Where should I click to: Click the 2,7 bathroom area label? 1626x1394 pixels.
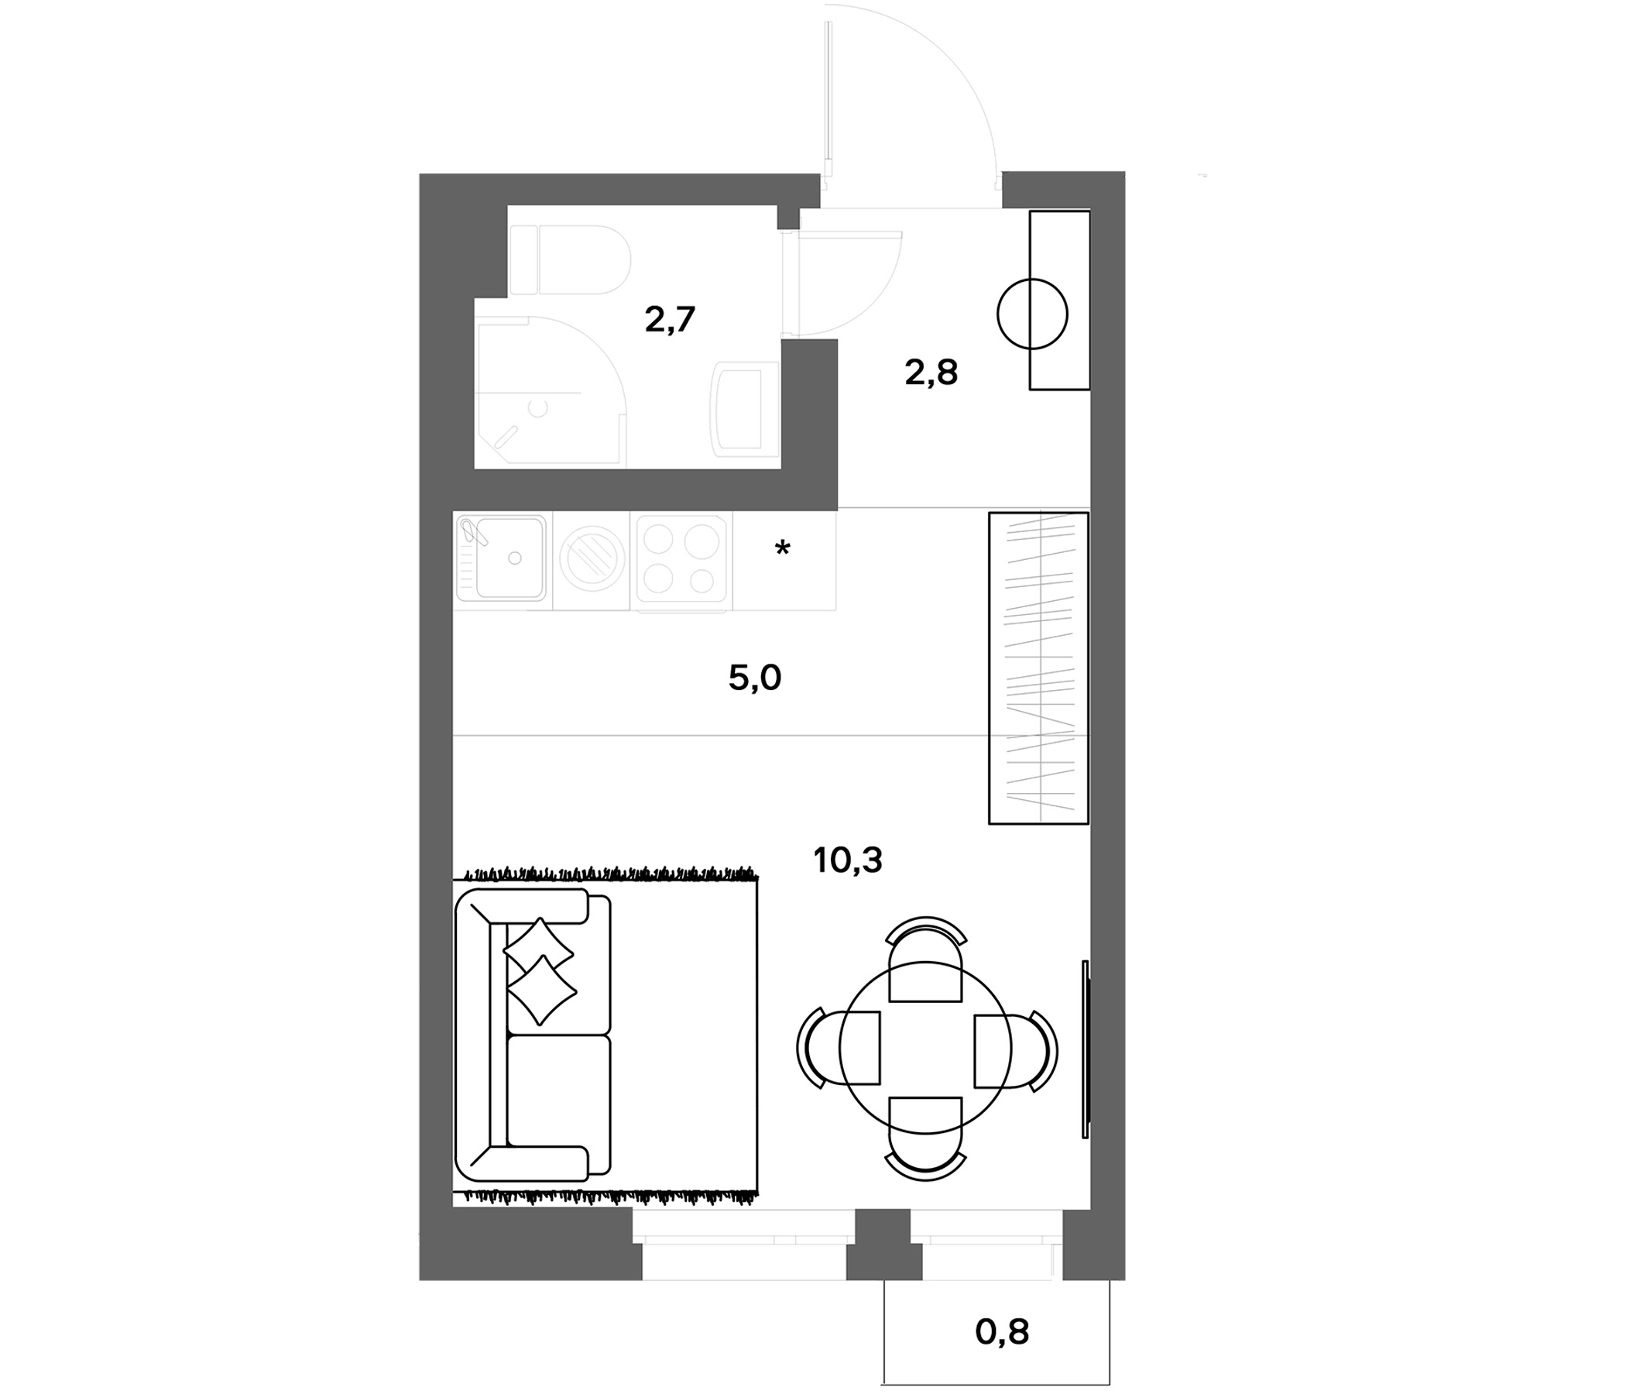point(671,321)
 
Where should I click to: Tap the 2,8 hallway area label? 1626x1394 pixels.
point(931,373)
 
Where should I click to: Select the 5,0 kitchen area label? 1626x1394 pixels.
point(755,678)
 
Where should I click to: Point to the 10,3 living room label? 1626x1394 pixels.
point(848,861)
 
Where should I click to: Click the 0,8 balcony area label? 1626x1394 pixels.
point(1002,1331)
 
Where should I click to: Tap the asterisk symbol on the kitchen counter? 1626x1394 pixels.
point(782,548)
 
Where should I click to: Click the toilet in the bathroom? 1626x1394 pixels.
point(571,260)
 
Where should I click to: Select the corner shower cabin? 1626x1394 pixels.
point(549,391)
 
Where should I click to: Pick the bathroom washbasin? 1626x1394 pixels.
point(745,409)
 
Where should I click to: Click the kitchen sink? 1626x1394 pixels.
point(503,558)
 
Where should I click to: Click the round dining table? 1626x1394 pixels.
point(925,1049)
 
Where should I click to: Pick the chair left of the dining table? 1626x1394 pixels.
point(838,1049)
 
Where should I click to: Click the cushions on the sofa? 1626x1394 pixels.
point(540,972)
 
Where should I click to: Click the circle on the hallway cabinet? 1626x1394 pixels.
point(1032,314)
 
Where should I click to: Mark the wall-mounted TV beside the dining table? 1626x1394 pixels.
point(1086,1049)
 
